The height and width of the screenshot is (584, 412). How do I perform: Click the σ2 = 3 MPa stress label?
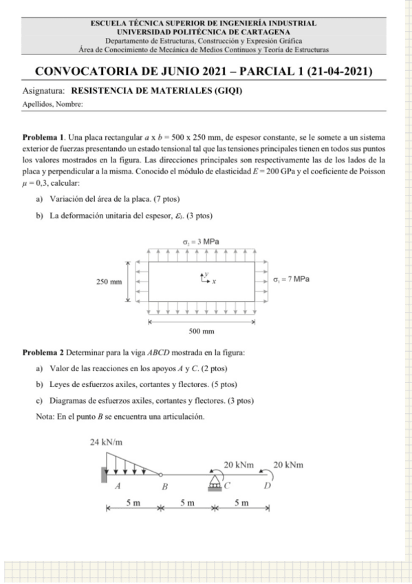tap(204, 242)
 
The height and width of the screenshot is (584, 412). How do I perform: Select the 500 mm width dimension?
tap(204, 331)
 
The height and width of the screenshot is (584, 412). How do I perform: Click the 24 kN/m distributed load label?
tap(107, 441)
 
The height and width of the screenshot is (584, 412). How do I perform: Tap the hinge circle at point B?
tap(161, 474)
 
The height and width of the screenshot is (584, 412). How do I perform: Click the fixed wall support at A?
tap(103, 474)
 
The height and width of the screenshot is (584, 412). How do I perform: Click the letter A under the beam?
tap(118, 486)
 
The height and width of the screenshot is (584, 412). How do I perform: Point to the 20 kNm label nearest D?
tap(289, 465)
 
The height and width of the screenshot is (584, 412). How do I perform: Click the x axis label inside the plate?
tap(214, 282)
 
